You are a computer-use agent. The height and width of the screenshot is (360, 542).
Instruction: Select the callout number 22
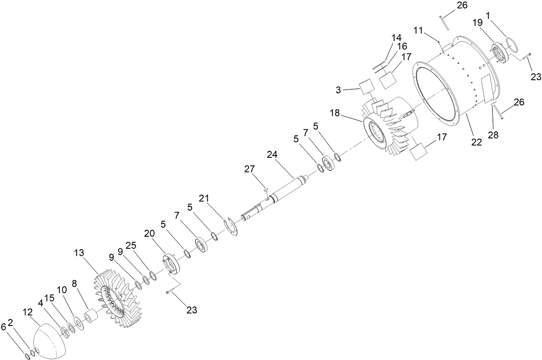[476, 143]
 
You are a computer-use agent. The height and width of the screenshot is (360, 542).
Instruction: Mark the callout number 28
[493, 135]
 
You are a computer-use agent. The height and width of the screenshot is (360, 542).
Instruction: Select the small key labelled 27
[266, 188]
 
